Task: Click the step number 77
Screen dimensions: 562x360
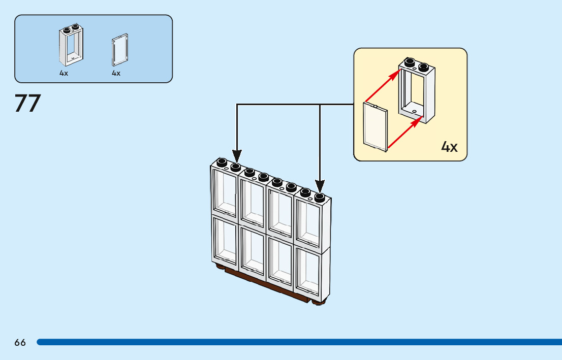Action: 28,103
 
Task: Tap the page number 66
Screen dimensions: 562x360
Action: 20,343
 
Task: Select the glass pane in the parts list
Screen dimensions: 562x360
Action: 120,50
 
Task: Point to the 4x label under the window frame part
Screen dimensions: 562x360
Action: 64,73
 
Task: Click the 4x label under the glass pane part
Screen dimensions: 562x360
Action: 116,73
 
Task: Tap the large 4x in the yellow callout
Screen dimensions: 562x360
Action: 449,147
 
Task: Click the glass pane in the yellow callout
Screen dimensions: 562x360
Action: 376,127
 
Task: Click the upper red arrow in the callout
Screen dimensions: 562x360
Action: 383,86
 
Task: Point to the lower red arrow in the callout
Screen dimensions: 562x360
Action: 405,132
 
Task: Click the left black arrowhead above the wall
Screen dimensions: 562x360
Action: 237,156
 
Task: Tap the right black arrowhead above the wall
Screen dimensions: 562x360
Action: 320,186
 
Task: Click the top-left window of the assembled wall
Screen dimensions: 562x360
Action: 225,193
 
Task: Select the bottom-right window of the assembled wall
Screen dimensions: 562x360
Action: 307,272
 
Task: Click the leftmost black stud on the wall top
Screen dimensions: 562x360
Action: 222,162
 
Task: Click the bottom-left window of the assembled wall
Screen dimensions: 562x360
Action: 225,241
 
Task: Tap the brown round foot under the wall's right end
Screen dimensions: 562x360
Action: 318,303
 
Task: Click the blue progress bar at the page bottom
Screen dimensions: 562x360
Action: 299,342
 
